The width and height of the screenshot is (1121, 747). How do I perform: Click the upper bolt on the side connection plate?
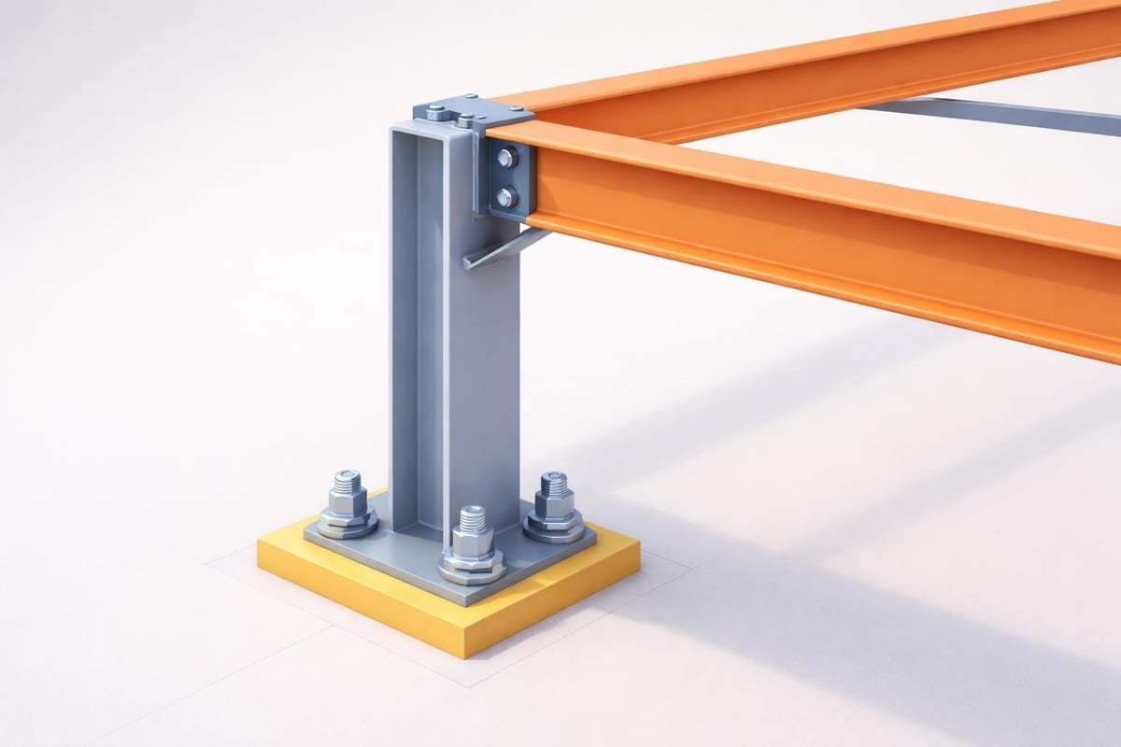pos(505,158)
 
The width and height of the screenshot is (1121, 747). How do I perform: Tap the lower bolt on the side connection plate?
pos(505,196)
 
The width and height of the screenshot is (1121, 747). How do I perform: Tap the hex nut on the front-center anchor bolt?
pos(473,545)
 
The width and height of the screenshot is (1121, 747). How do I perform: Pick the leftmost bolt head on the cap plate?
pos(435,113)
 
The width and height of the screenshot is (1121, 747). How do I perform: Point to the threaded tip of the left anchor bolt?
pos(348,480)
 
